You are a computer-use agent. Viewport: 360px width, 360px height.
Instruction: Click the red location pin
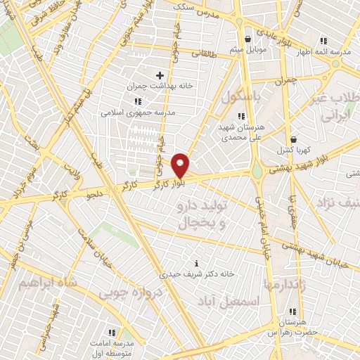tap(182, 164)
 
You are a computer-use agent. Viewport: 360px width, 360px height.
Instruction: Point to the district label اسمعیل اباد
tap(238, 300)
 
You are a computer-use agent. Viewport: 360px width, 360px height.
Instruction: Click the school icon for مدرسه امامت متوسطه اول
tap(112, 331)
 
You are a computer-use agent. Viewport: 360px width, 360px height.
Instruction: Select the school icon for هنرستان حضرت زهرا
tap(292, 311)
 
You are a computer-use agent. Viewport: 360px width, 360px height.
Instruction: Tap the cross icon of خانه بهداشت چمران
tap(160, 75)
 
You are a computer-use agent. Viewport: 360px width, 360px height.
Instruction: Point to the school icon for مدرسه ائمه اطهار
tap(323, 41)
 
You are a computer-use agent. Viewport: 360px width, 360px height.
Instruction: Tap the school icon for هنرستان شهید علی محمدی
tap(241, 116)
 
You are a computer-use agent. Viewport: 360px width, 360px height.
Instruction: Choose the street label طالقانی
tap(216, 53)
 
